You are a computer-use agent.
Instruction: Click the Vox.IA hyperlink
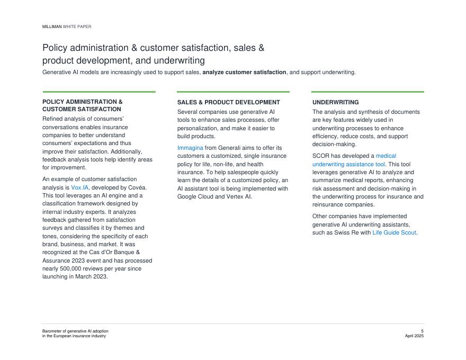click(x=80, y=187)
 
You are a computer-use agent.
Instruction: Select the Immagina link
click(x=190, y=148)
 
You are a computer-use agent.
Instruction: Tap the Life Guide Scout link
click(x=394, y=232)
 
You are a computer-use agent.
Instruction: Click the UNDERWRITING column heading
click(x=335, y=102)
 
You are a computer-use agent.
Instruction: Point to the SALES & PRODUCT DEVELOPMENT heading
click(x=228, y=102)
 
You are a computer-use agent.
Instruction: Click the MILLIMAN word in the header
click(x=52, y=26)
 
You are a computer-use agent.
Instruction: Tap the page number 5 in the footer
click(x=422, y=331)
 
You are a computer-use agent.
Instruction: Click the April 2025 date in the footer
click(x=414, y=336)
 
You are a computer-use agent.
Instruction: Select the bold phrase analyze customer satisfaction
click(x=244, y=72)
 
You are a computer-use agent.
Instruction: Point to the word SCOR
click(x=321, y=156)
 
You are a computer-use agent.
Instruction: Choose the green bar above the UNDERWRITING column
click(x=368, y=92)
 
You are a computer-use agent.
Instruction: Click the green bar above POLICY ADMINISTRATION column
click(x=99, y=92)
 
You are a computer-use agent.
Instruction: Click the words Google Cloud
click(x=195, y=196)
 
